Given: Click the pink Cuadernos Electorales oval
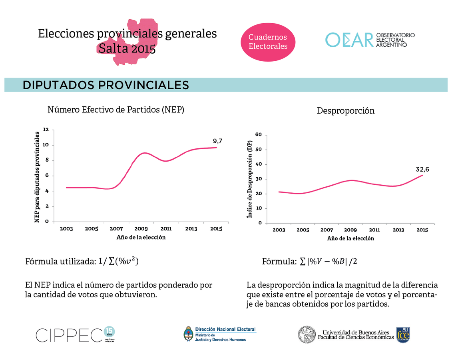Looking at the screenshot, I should click(x=268, y=42).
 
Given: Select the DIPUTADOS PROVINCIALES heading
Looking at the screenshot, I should click(x=106, y=85).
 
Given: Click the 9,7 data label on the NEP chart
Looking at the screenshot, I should click(x=217, y=141).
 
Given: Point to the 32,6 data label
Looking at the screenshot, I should click(x=422, y=170).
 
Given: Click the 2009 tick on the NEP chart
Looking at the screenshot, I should click(x=141, y=229).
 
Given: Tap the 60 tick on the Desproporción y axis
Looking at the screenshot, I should click(x=258, y=135).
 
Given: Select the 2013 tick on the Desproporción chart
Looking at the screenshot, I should click(x=398, y=230).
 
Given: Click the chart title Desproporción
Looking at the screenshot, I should click(x=346, y=111).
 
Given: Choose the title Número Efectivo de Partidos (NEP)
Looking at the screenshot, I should click(x=116, y=110).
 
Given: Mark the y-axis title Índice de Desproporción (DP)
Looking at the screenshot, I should click(x=250, y=179).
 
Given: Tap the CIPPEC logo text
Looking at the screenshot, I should click(x=69, y=335).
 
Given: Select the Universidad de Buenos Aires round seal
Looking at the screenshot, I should click(x=307, y=334).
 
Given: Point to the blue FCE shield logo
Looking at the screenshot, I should click(x=403, y=335).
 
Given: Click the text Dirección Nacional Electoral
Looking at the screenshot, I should click(x=225, y=329).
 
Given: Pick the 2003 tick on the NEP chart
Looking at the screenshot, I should click(x=66, y=229).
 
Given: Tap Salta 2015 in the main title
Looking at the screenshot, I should click(x=127, y=49).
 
